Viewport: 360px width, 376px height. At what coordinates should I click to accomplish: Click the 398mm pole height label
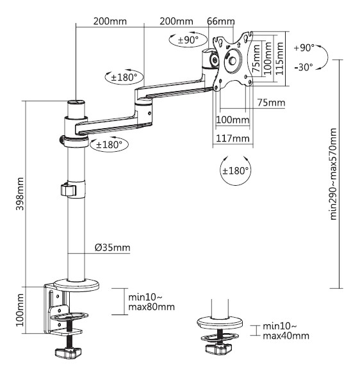point(20,193)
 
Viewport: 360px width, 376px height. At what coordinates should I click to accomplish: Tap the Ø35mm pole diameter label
point(113,247)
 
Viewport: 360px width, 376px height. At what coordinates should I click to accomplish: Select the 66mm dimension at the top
point(220,21)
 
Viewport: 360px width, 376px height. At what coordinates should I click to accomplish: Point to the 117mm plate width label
point(233,138)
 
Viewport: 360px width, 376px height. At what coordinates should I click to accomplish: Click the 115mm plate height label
point(280,59)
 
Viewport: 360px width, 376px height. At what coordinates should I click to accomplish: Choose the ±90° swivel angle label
point(188,40)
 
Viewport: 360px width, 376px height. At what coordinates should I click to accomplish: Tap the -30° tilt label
point(304,67)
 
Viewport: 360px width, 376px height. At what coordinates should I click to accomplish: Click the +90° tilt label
point(304,48)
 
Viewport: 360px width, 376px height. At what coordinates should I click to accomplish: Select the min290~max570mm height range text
point(334,174)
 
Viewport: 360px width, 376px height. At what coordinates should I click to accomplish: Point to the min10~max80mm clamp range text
point(151,302)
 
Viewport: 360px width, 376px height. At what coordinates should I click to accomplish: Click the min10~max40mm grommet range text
point(286,331)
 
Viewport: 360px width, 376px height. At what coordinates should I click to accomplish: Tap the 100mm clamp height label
point(20,310)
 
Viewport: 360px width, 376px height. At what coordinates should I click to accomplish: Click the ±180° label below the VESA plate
point(236,171)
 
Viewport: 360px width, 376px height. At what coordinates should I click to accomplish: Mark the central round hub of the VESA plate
point(232,61)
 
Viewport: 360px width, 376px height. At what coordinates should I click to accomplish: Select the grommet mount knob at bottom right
point(218,348)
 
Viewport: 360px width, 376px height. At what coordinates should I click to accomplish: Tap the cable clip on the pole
point(69,190)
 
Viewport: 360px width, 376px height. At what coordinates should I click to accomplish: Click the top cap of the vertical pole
point(76,102)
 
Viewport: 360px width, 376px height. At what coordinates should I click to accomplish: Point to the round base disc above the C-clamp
point(76,285)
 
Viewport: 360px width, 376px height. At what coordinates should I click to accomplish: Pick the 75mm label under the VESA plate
point(271,102)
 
